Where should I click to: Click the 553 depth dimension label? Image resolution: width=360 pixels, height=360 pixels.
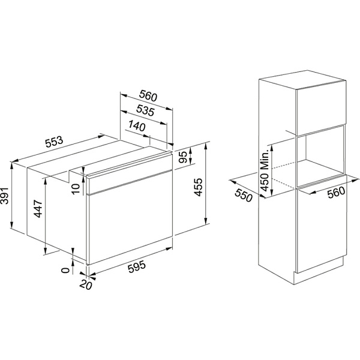pyautogui.click(x=54, y=142)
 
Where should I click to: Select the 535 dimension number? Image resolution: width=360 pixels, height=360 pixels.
pyautogui.click(x=145, y=110)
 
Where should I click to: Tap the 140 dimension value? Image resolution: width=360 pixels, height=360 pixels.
pyautogui.click(x=137, y=125)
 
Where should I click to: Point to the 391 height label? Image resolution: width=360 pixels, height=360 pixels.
pyautogui.click(x=5, y=196)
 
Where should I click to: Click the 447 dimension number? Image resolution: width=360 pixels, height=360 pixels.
pyautogui.click(x=38, y=209)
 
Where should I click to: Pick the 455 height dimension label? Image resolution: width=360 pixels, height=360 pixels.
pyautogui.click(x=198, y=187)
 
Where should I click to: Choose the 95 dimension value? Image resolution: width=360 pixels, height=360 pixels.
pyautogui.click(x=183, y=157)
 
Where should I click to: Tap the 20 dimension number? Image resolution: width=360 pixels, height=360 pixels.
pyautogui.click(x=86, y=284)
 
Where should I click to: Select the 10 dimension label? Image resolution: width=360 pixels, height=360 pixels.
pyautogui.click(x=76, y=188)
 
